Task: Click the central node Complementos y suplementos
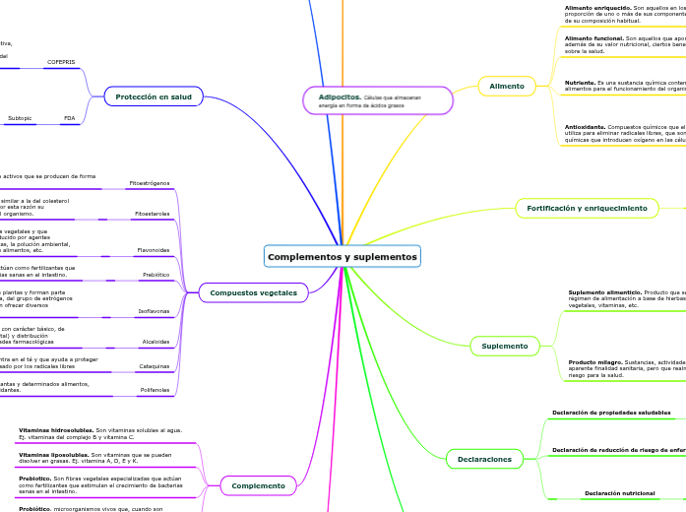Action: (x=342, y=257)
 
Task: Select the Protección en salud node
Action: (x=154, y=96)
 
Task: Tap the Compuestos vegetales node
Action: (x=254, y=291)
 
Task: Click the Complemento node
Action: (x=259, y=485)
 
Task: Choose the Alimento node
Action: (x=507, y=87)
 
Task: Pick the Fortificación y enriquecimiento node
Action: (x=587, y=209)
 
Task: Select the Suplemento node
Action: (x=505, y=346)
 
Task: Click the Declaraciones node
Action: (x=484, y=459)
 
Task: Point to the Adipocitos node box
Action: (x=378, y=100)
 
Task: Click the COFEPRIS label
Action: (x=61, y=62)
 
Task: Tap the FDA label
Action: (x=69, y=118)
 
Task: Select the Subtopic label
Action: (x=20, y=118)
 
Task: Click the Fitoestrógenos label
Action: (x=150, y=183)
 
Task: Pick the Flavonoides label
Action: (x=153, y=250)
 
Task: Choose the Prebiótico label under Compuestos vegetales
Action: (x=156, y=275)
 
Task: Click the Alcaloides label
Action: (x=155, y=342)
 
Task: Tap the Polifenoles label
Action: (x=154, y=390)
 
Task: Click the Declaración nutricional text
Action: (x=619, y=492)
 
